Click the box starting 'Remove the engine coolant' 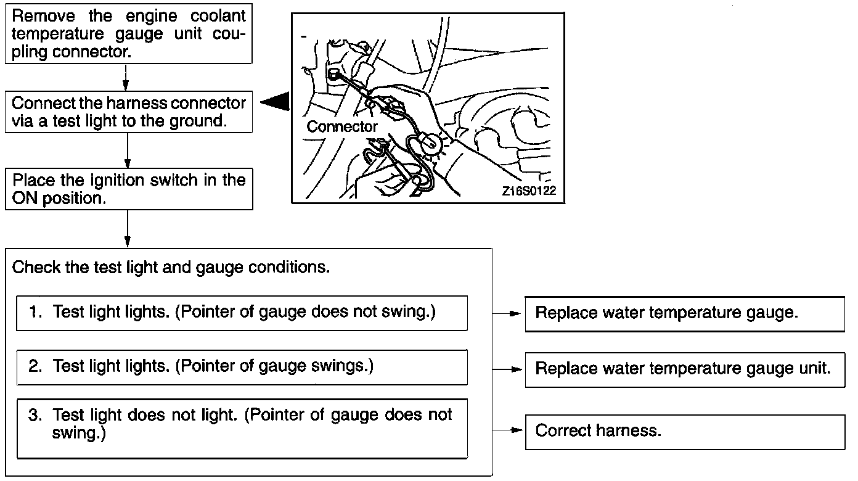tap(128, 33)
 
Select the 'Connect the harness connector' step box tap(128, 112)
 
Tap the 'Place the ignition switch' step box tap(128, 189)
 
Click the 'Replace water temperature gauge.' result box tap(684, 313)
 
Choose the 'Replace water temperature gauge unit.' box tap(684, 369)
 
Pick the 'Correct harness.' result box tap(684, 431)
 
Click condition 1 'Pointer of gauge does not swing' tap(242, 313)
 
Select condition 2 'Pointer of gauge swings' tap(242, 366)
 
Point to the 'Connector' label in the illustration tap(342, 127)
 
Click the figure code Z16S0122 tap(529, 191)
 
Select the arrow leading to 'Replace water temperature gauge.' tap(509, 313)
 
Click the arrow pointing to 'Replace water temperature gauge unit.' tap(509, 369)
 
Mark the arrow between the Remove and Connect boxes tap(126, 77)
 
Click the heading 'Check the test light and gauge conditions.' tap(171, 268)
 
